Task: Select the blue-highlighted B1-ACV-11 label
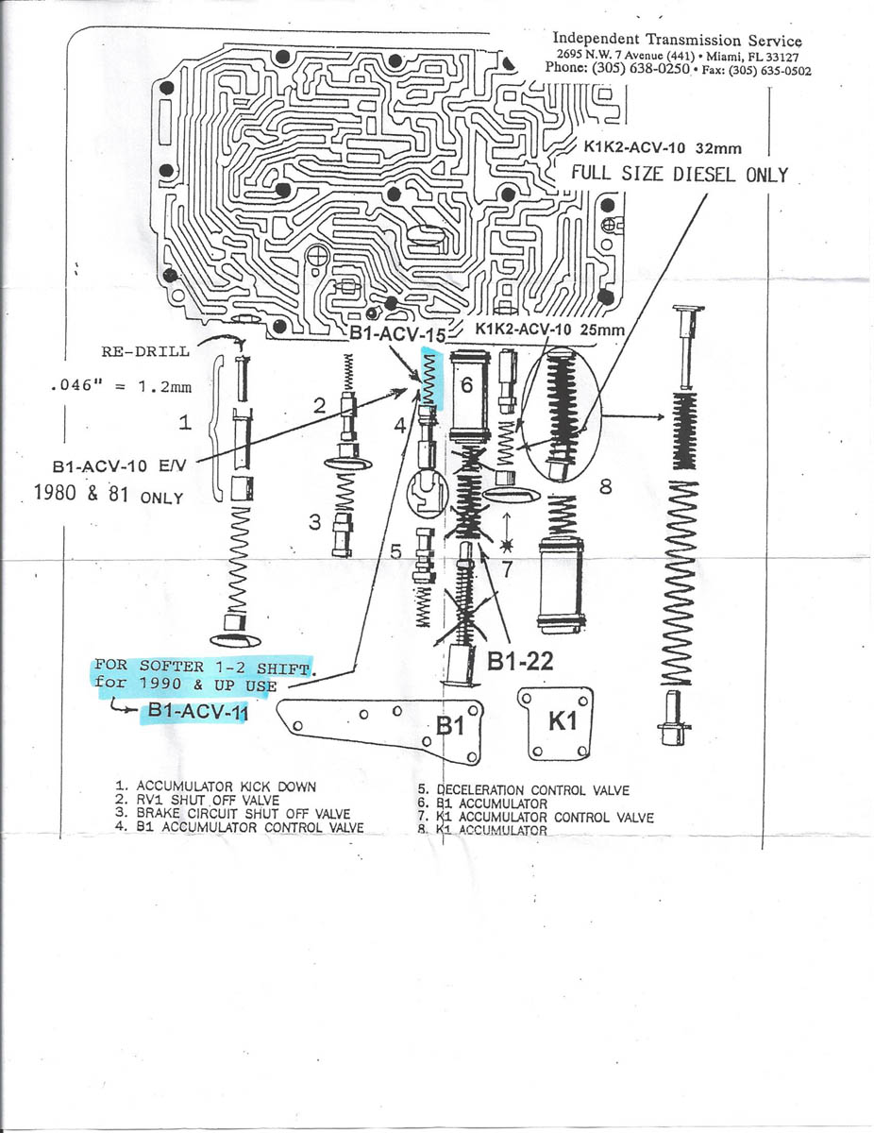click(196, 713)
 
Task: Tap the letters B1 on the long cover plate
click(451, 725)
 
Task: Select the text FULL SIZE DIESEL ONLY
click(677, 175)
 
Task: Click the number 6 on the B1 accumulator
click(465, 385)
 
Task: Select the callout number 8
click(604, 488)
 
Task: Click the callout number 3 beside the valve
click(315, 520)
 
